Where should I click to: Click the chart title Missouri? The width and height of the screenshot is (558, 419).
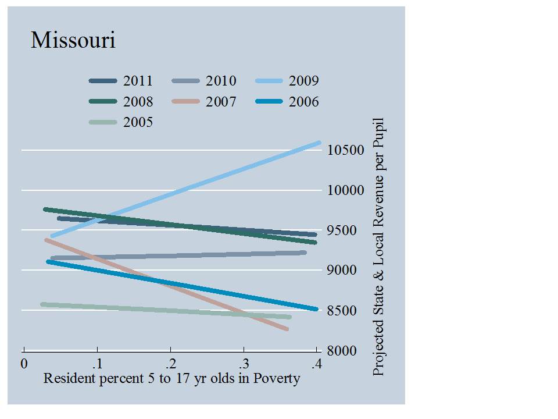tap(73, 41)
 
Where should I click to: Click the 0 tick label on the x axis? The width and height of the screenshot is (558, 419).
tap(24, 364)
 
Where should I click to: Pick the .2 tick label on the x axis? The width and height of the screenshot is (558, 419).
tap(170, 364)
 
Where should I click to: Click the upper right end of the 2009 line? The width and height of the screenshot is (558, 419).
tap(319, 143)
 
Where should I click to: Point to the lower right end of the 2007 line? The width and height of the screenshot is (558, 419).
tap(287, 329)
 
